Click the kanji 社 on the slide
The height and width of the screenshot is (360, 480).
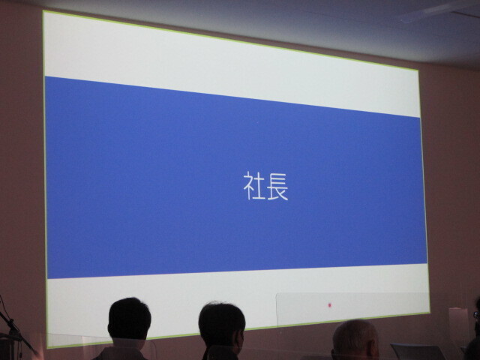(x=254, y=186)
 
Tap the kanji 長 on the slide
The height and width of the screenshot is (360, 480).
(x=277, y=186)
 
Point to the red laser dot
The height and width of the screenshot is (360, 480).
(x=330, y=305)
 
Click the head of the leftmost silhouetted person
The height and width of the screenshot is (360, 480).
(x=129, y=318)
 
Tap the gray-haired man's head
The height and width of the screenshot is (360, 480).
(x=355, y=339)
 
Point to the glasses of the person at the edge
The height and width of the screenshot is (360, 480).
(x=476, y=314)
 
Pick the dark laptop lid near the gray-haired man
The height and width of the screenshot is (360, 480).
(x=417, y=352)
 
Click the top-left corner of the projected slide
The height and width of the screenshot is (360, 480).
(x=43, y=11)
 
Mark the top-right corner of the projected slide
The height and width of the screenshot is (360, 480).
(x=418, y=70)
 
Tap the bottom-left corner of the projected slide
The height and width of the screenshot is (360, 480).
(x=48, y=348)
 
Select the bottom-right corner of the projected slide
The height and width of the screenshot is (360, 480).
(x=430, y=312)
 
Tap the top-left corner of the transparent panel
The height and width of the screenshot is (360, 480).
(x=277, y=295)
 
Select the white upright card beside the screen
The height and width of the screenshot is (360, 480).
(x=458, y=325)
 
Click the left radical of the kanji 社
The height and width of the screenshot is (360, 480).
(x=248, y=186)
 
